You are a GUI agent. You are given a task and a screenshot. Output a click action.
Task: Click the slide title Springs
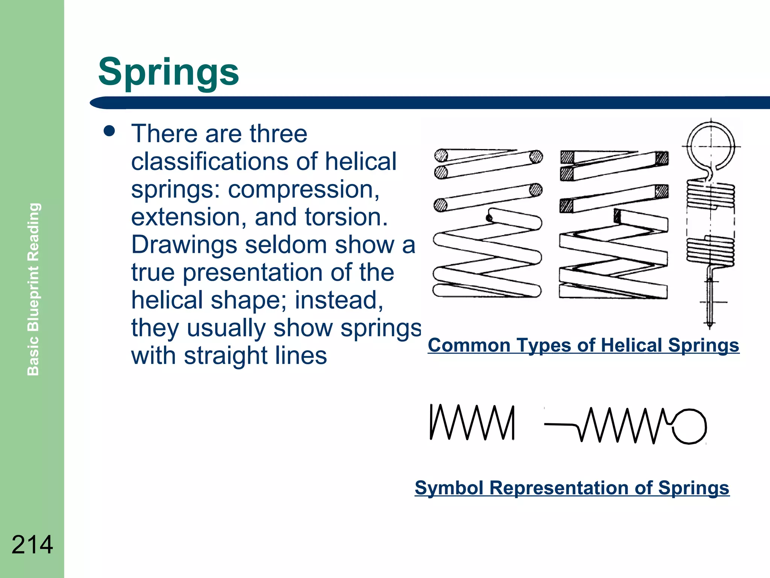(x=168, y=72)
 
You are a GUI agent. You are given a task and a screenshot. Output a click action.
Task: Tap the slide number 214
(x=32, y=545)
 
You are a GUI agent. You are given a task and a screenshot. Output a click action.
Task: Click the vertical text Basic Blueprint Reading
(x=33, y=289)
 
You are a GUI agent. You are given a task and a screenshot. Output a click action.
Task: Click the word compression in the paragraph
(x=303, y=189)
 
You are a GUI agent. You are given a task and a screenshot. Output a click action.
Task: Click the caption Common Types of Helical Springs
(x=583, y=345)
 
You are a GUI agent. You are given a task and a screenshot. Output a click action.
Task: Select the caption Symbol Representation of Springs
(x=572, y=488)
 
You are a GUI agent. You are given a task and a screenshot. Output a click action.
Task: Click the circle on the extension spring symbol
(x=690, y=426)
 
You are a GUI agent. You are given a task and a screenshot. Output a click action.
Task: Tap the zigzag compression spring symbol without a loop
(x=472, y=422)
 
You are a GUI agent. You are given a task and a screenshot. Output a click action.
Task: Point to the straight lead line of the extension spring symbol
(x=560, y=424)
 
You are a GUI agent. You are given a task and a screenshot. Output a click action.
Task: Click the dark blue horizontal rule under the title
(x=429, y=103)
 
